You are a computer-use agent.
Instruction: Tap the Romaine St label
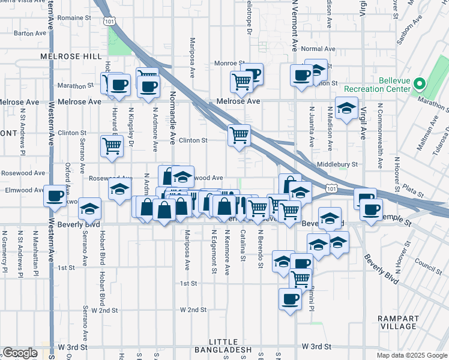75,19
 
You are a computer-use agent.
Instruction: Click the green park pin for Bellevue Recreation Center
420,85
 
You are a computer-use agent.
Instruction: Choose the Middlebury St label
337,164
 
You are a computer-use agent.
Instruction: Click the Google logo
19,353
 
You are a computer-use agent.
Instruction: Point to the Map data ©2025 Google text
411,355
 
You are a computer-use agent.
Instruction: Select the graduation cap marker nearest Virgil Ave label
346,109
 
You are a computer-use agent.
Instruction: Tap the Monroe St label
229,63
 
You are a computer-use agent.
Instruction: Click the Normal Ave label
319,49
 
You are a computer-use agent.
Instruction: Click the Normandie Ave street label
172,118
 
